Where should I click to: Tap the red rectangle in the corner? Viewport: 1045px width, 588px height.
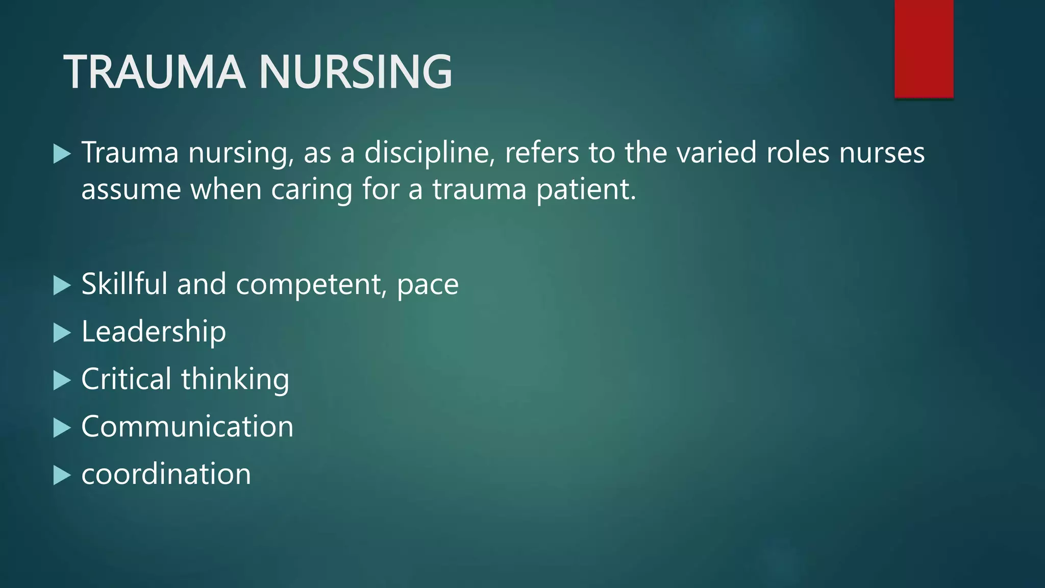pyautogui.click(x=924, y=48)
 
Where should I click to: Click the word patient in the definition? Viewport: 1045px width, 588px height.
pyautogui.click(x=586, y=190)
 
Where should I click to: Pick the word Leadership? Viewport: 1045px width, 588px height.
pyautogui.click(x=154, y=332)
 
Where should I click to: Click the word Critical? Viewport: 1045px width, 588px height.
pyautogui.click(x=126, y=379)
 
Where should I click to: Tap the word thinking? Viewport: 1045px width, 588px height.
pyautogui.click(x=235, y=380)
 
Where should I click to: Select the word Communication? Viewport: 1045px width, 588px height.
pyautogui.click(x=187, y=427)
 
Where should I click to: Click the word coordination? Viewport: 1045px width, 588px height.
pyautogui.click(x=166, y=474)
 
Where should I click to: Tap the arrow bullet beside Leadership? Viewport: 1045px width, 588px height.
pyautogui.click(x=62, y=333)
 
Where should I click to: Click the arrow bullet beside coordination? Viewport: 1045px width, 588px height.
pyautogui.click(x=62, y=475)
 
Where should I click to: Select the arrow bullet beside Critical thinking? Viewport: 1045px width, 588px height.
pyautogui.click(x=62, y=380)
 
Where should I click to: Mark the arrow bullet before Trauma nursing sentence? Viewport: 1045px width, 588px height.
pyautogui.click(x=62, y=154)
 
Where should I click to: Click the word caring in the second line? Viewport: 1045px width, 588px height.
pyautogui.click(x=311, y=190)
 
